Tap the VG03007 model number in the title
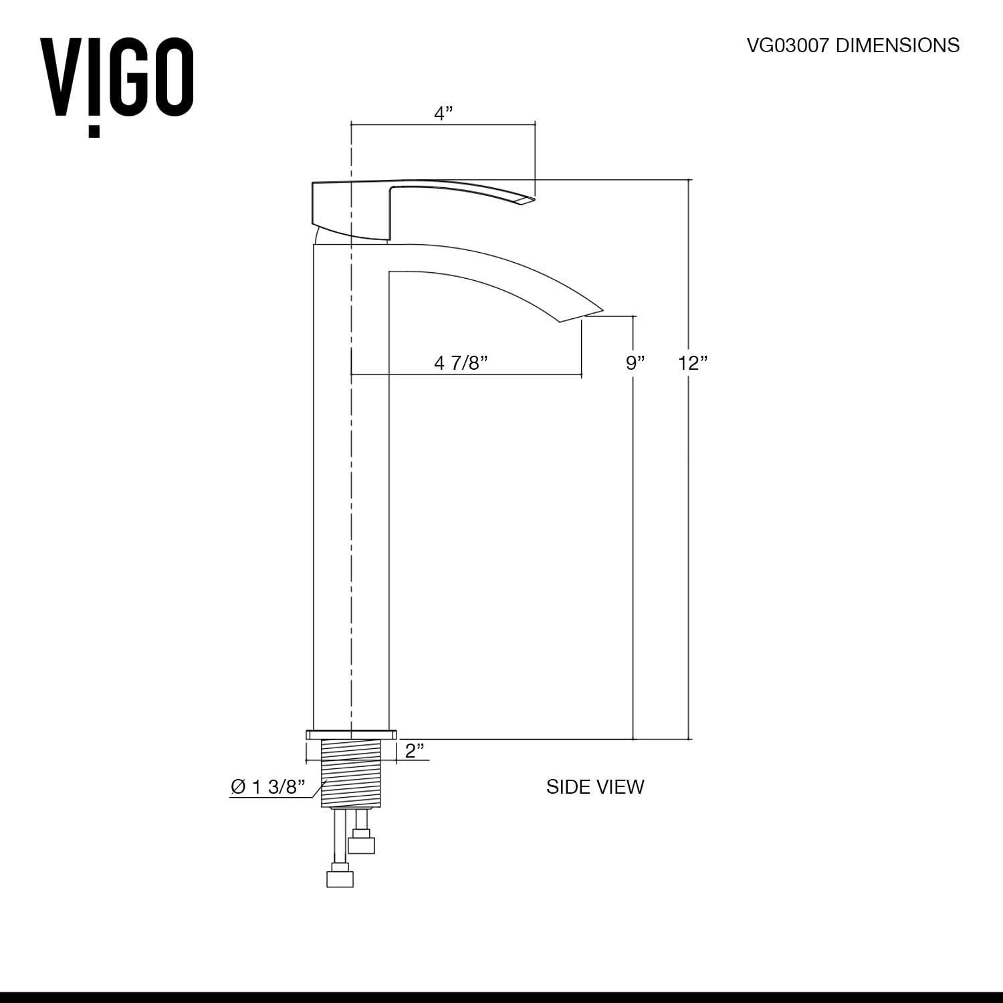click(x=787, y=45)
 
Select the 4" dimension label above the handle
click(x=443, y=114)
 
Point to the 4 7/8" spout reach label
click(x=461, y=363)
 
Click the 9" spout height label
click(x=635, y=363)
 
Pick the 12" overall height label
click(x=693, y=363)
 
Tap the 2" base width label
click(x=415, y=750)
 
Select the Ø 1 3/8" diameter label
click(x=267, y=787)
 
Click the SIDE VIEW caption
click(x=594, y=787)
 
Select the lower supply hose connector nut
click(x=340, y=877)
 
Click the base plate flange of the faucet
click(x=352, y=735)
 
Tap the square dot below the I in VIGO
click(x=94, y=131)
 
